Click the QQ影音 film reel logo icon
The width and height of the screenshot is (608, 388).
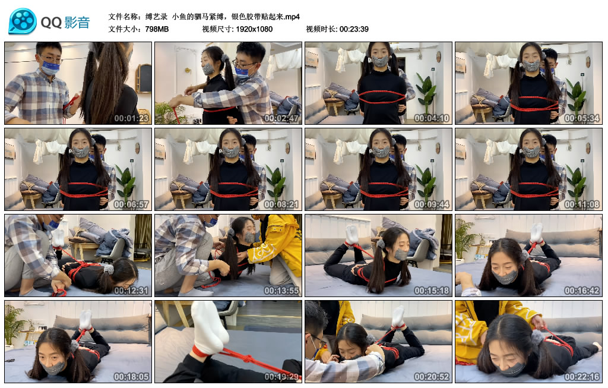(23, 21)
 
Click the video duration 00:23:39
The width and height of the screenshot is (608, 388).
(354, 29)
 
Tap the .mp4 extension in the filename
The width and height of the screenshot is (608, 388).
(293, 16)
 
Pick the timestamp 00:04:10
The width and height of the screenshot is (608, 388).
(431, 118)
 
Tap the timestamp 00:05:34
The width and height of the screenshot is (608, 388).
(581, 118)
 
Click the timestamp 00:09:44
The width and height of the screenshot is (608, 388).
(431, 204)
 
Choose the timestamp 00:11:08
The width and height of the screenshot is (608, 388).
(581, 204)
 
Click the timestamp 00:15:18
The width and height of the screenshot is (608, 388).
(431, 291)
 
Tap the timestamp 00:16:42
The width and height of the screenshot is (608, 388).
(581, 291)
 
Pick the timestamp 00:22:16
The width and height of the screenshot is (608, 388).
(581, 377)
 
